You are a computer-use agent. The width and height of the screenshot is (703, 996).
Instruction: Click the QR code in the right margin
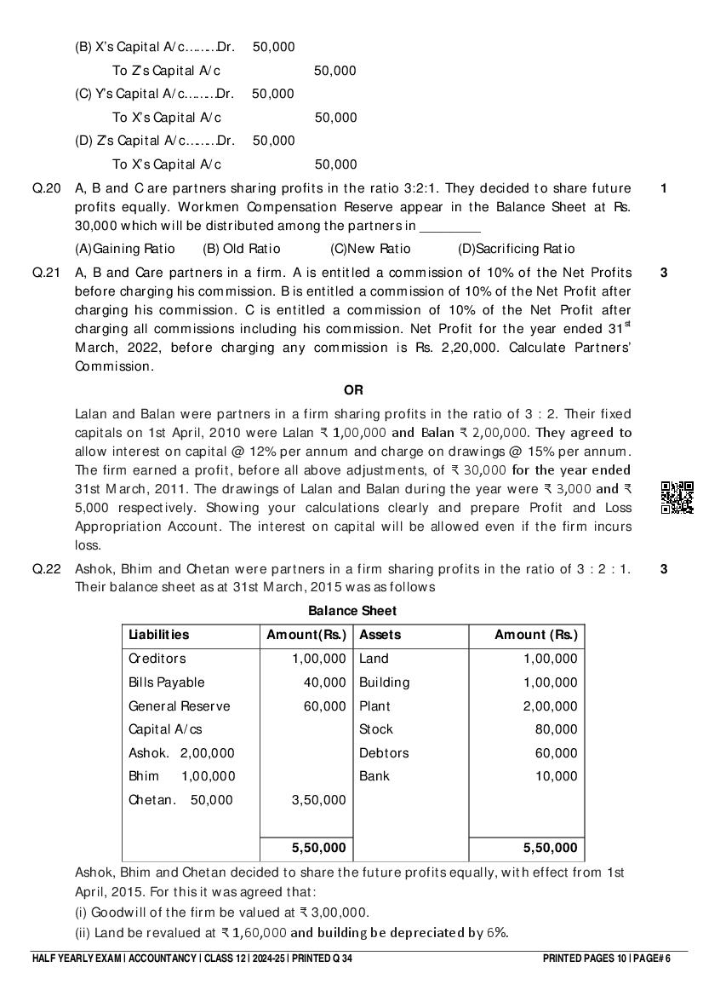[677, 498]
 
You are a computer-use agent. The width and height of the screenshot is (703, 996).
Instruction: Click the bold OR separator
[353, 390]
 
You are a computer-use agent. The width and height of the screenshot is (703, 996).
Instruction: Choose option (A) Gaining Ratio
[125, 249]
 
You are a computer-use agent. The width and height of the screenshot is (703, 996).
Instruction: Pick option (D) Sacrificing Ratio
[516, 249]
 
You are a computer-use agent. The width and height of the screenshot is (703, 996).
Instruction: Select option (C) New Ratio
[370, 249]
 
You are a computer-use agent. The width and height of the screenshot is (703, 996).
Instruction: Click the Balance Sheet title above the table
[352, 611]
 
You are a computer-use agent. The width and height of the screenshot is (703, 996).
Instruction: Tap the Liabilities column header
[159, 635]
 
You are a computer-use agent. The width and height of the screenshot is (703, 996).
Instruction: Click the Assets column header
[380, 635]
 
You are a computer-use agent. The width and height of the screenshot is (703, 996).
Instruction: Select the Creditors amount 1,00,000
[318, 659]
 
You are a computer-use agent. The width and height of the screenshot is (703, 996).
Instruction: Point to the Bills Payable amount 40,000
[325, 682]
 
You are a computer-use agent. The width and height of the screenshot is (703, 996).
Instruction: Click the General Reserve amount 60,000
[325, 706]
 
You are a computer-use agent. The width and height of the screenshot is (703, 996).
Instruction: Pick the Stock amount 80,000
[556, 729]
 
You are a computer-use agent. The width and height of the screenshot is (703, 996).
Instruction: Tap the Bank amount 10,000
[556, 776]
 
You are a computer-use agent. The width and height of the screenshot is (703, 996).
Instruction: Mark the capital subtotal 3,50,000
[318, 800]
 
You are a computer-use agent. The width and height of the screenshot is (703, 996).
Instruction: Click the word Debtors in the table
[384, 753]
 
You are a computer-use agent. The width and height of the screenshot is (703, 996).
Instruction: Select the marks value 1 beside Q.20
[664, 188]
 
